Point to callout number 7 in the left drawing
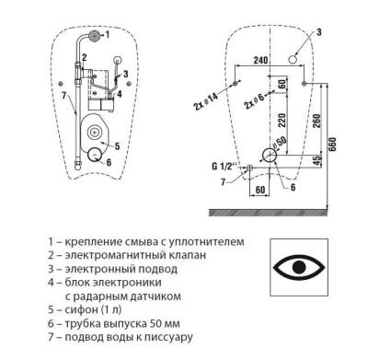coord(63,94)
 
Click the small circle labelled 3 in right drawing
coord(293,60)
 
